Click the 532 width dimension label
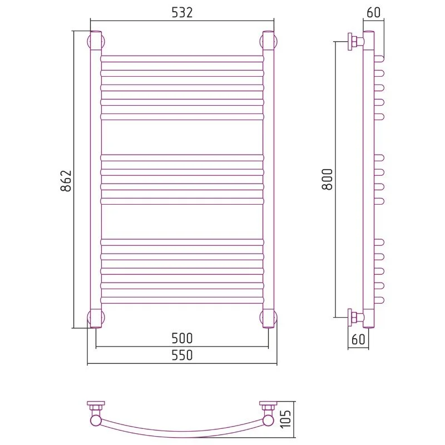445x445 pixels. (182, 12)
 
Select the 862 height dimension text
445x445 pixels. (66, 181)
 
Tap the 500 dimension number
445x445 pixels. (182, 338)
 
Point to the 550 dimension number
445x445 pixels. (182, 355)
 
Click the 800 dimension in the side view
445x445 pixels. (327, 179)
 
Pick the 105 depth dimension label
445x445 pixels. (286, 419)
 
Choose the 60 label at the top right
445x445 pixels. (373, 12)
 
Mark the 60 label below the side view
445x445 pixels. (358, 339)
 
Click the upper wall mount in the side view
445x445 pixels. (355, 42)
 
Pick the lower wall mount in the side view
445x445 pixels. (355, 317)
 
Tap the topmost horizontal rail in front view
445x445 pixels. (182, 59)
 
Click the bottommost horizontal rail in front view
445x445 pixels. (182, 300)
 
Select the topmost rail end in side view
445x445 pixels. (379, 59)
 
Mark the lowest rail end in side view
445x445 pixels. (379, 300)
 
